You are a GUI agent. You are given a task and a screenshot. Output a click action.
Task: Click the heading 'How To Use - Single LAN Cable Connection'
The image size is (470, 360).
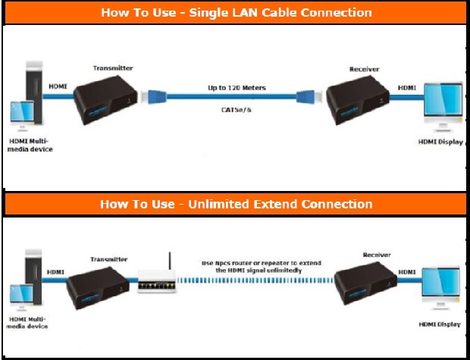point(237,13)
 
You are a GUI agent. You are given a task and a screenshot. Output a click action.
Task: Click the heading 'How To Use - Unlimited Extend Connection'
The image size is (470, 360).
point(237,204)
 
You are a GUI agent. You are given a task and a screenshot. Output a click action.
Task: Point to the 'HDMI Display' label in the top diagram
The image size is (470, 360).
point(440,142)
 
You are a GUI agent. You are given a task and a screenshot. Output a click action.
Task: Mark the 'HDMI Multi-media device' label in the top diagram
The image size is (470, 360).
point(31,146)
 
